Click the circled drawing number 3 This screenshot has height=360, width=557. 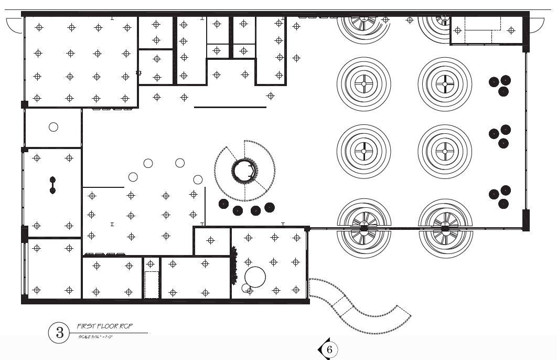coord(59,332)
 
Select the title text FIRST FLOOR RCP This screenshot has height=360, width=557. coord(105,326)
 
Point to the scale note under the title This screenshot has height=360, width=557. coord(96,336)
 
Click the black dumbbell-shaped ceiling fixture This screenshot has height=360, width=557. coord(52,185)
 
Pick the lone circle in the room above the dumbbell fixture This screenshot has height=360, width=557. coord(53,126)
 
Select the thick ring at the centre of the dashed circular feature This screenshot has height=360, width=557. coord(244,171)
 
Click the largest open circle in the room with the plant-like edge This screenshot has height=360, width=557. coord(255,277)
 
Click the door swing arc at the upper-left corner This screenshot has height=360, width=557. coord(14,25)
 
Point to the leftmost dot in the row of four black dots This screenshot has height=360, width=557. coord(224,204)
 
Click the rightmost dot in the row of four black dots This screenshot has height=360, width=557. coord(270,207)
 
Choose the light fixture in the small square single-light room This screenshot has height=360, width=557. coord(211,240)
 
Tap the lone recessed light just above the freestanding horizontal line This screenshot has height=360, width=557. coord(271,96)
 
